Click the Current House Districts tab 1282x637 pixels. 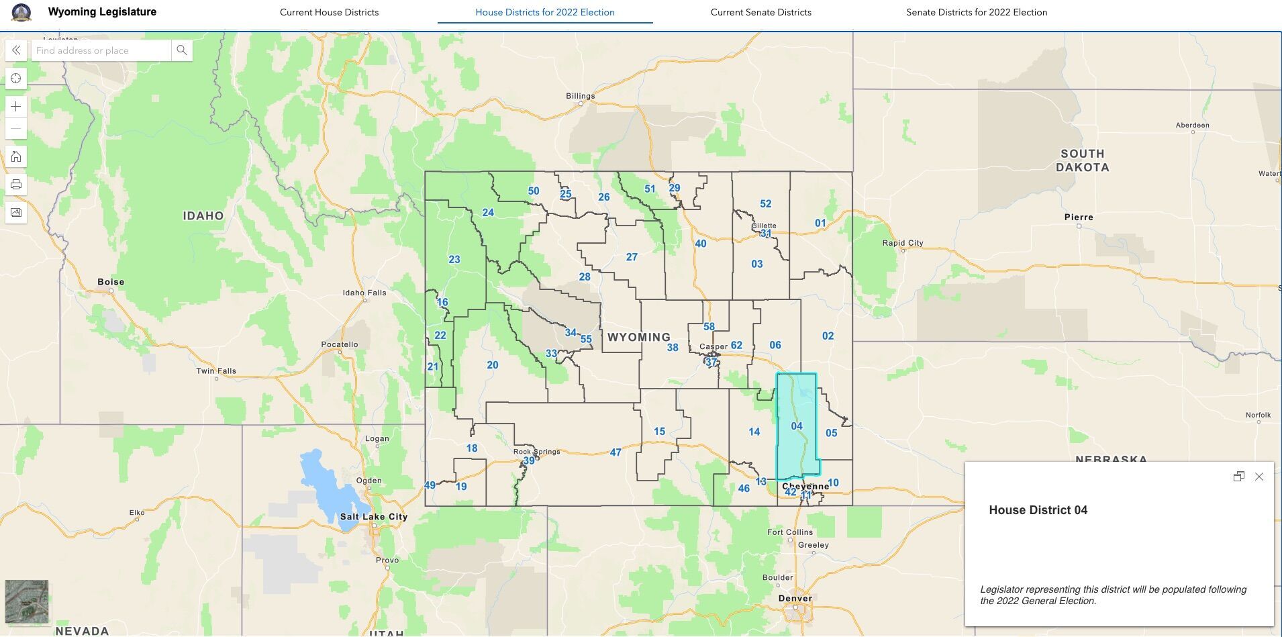pyautogui.click(x=329, y=12)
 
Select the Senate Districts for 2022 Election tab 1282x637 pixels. pyautogui.click(x=976, y=12)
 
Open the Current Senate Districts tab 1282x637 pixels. pyautogui.click(x=760, y=12)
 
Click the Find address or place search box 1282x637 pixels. pyautogui.click(x=101, y=50)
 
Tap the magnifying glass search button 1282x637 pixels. pyautogui.click(x=182, y=50)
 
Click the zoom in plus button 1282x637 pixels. pyautogui.click(x=16, y=106)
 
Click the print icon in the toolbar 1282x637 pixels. pyautogui.click(x=16, y=185)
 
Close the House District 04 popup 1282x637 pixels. pyautogui.click(x=1259, y=477)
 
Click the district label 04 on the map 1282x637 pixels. pyautogui.click(x=797, y=426)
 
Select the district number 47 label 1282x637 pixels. pyautogui.click(x=615, y=452)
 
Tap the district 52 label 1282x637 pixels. pyautogui.click(x=765, y=204)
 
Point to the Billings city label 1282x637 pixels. pyautogui.click(x=580, y=96)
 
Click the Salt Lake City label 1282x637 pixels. pyautogui.click(x=373, y=517)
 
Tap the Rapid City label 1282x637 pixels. pyautogui.click(x=903, y=243)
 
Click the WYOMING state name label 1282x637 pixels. pyautogui.click(x=638, y=337)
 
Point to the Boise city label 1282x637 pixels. pyautogui.click(x=111, y=282)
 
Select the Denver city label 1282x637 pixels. pyautogui.click(x=795, y=598)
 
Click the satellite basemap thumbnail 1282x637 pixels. pyautogui.click(x=27, y=601)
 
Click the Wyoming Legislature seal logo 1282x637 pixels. pyautogui.click(x=21, y=12)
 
